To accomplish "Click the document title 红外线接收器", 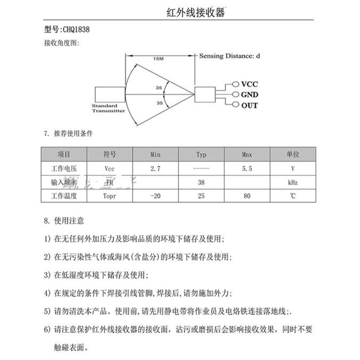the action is (x=196, y=12).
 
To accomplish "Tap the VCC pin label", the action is (x=249, y=85).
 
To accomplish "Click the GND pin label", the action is (x=250, y=95).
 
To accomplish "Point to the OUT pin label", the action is (x=249, y=105).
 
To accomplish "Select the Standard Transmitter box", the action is (x=109, y=95).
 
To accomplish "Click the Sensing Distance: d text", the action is (x=230, y=55).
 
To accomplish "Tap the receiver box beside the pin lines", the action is (x=205, y=95).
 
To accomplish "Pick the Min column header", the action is (x=155, y=154).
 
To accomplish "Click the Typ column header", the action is (x=201, y=154).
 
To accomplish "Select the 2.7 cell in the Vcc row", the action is (x=155, y=168).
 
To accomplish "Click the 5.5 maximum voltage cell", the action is (x=247, y=168).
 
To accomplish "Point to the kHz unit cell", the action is (x=292, y=182).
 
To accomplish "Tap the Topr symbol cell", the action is (x=110, y=196).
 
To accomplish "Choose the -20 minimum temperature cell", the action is (x=155, y=196).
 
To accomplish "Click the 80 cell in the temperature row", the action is (x=247, y=196).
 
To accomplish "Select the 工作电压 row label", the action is (x=64, y=168).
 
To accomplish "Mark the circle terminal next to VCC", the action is (x=236, y=85).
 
